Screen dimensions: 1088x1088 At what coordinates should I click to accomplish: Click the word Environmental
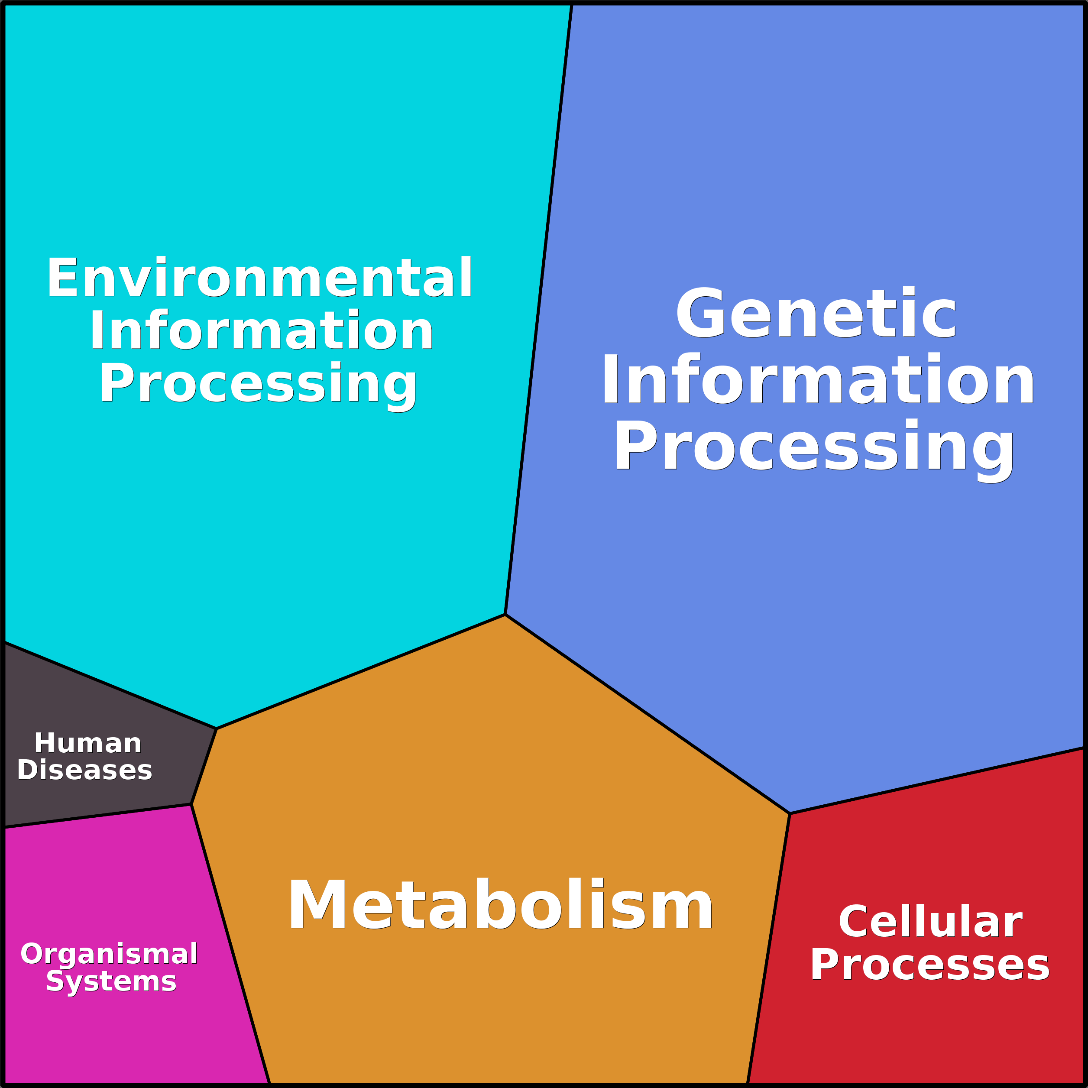tap(259, 277)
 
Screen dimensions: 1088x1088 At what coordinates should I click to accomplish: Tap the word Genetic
tap(816, 314)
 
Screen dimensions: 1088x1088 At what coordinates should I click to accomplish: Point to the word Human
tap(88, 743)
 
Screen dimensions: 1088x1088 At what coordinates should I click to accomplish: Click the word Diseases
tap(84, 770)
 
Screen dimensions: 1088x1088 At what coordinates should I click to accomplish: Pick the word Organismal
tap(109, 953)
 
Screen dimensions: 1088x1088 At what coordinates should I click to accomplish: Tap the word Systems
tap(111, 981)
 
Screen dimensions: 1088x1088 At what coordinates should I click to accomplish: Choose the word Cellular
tap(930, 922)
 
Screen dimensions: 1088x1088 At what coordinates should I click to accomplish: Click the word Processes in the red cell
tap(930, 965)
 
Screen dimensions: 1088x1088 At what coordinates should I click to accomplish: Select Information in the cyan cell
tap(261, 330)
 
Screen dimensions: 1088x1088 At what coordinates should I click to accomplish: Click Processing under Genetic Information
tap(814, 446)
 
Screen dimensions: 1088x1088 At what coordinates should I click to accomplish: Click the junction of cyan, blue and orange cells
tap(505, 615)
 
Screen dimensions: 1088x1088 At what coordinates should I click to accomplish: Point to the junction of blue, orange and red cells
tap(790, 813)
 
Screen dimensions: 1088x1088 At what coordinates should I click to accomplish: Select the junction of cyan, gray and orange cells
tap(216, 729)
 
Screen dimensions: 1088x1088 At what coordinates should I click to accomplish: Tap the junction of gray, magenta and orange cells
tap(191, 804)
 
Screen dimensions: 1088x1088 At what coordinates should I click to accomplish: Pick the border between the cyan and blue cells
tap(538, 310)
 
